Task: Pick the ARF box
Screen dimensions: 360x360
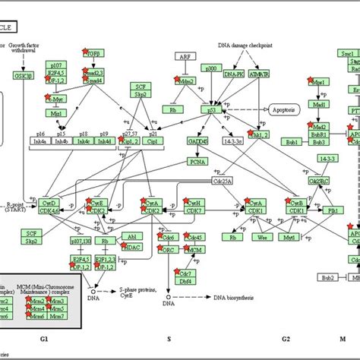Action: pyautogui.click(x=184, y=57)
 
